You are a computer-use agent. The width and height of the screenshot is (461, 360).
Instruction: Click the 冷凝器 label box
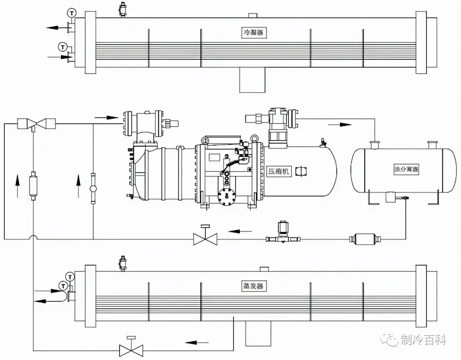[254, 32]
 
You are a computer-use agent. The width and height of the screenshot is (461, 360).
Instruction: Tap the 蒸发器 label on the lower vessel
[254, 286]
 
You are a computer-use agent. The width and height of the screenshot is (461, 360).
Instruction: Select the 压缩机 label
[278, 171]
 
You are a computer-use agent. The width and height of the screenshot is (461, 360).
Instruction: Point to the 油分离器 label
[406, 169]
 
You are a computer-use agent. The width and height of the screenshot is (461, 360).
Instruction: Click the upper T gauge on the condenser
[71, 13]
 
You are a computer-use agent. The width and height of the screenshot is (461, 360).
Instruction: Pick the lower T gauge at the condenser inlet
[62, 47]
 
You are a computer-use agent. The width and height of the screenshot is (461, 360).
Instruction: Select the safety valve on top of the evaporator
[123, 263]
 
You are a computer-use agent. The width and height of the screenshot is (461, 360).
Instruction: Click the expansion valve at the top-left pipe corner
[36, 124]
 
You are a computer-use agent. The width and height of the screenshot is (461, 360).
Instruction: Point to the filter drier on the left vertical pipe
[34, 185]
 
